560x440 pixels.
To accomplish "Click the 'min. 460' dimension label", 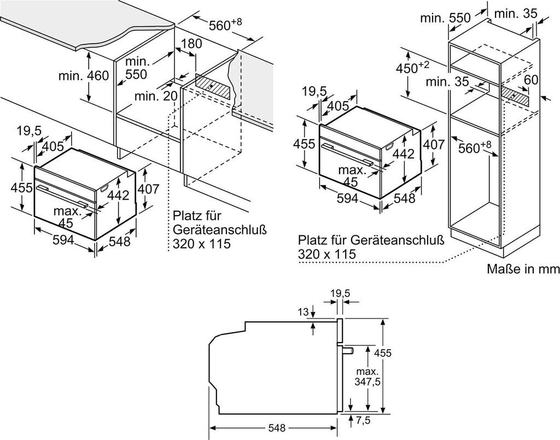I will (84, 76).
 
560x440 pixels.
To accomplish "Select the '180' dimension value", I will (191, 44).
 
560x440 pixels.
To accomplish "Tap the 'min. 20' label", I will (156, 96).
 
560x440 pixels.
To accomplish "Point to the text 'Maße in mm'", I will (523, 269).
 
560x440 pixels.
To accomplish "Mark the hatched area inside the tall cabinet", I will (516, 95).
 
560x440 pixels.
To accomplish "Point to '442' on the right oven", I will (404, 154).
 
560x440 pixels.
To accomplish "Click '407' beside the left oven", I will (148, 190).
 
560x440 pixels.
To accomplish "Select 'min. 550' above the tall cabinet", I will (445, 18).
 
